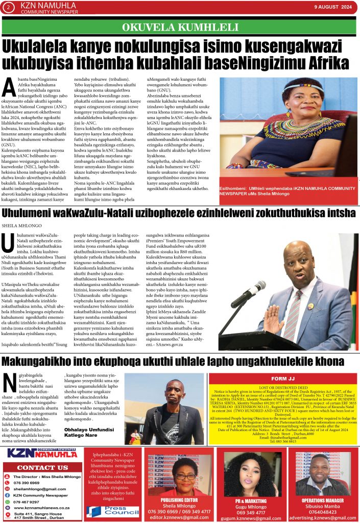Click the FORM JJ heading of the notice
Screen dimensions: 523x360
click(297, 379)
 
